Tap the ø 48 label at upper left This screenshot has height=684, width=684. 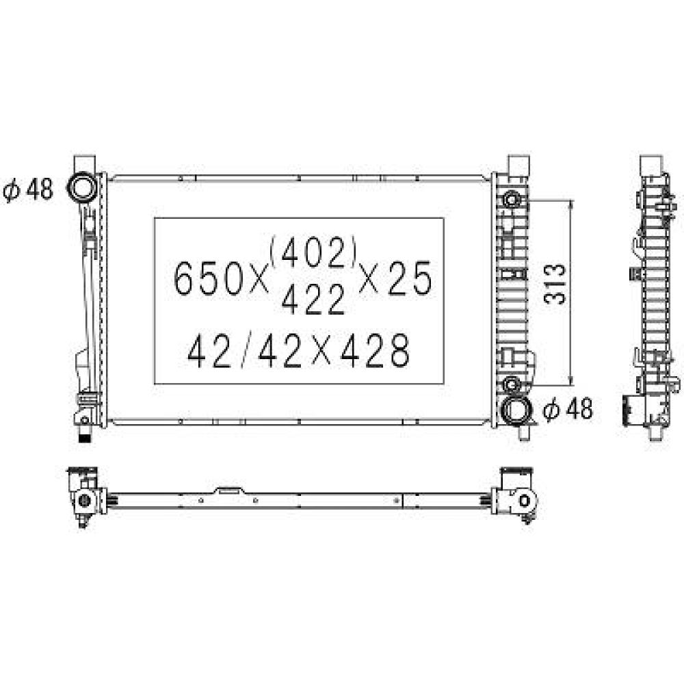tap(28, 190)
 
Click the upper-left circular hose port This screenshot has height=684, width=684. tap(83, 187)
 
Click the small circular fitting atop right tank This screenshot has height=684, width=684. tap(512, 200)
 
